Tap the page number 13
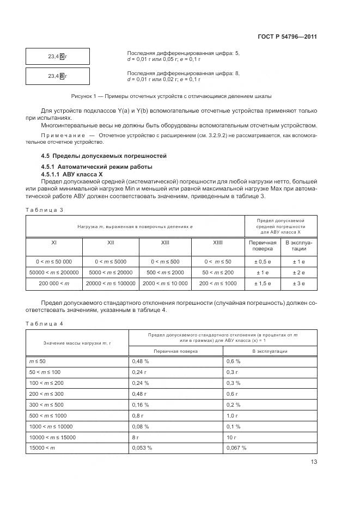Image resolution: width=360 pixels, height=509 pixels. point(313,462)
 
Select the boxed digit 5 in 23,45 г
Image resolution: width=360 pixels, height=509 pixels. point(62,56)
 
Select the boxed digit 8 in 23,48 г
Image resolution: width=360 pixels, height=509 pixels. point(62,76)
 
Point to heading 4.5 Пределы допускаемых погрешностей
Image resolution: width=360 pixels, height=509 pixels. point(103,156)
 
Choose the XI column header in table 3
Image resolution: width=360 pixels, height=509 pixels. point(53,243)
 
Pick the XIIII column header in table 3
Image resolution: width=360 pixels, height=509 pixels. point(217,243)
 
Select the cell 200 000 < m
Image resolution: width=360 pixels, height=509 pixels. point(53,283)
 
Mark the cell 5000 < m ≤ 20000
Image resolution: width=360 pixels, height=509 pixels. point(111,272)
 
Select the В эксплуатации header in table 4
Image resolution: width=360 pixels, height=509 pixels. point(269,351)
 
